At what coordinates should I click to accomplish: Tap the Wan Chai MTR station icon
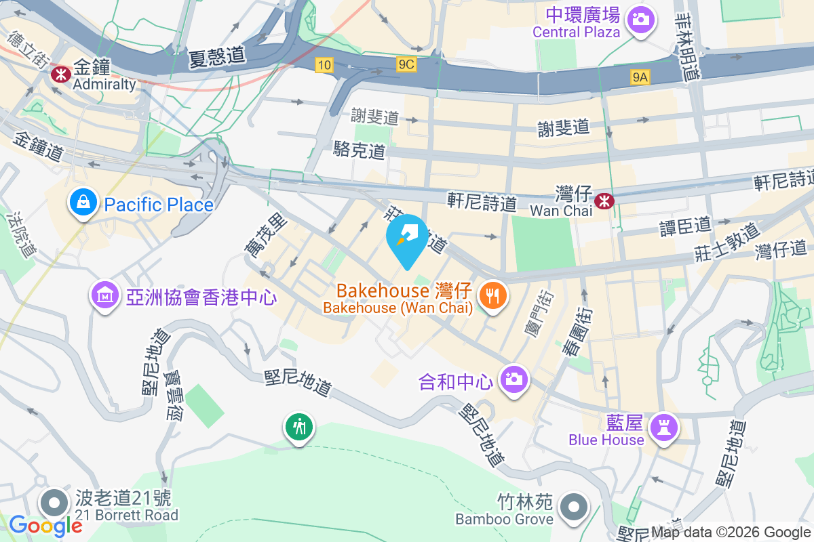coord(602,201)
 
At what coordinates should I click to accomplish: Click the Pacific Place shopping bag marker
coord(82,202)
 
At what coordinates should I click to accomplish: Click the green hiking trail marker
coord(298,428)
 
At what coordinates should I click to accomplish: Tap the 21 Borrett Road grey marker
coord(55,503)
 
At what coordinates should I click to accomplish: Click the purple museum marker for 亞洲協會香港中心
coord(104,295)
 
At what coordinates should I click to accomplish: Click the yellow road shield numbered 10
coord(324,64)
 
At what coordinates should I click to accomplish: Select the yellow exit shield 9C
coord(406,64)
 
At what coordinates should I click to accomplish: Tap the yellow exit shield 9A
coord(640,78)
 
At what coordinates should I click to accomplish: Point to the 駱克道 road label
coord(360,150)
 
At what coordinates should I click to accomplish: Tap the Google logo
coord(45,525)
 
